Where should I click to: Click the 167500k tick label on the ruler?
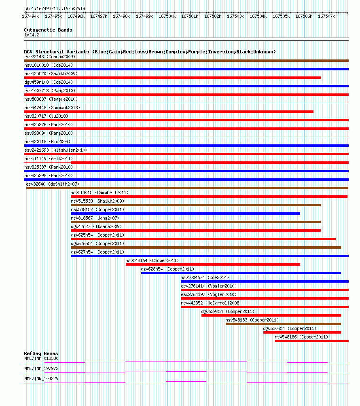pos(167,16)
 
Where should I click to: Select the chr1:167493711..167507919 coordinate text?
pos(55,8)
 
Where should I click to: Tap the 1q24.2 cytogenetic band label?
pos(32,35)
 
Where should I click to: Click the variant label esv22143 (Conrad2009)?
pos(50,57)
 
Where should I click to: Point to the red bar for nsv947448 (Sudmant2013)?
pos(169,112)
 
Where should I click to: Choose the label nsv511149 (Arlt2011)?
pos(49,159)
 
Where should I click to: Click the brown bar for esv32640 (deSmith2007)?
pos(187,188)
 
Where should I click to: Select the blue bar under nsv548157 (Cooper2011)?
pos(185,214)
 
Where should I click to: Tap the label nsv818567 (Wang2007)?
pos(95,218)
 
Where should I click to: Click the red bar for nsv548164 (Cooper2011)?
pos(213,264)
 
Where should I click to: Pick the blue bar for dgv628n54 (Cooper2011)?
pos(241,273)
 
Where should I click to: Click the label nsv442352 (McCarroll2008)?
pos(211,303)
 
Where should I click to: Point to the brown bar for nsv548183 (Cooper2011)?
pos(283,324)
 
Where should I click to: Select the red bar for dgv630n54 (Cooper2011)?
pos(302,332)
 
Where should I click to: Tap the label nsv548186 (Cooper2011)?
pos(301,337)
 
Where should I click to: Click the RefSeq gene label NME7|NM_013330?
pos(41,358)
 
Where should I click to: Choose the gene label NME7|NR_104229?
pos(41,379)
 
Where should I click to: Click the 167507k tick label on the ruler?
pos(326,16)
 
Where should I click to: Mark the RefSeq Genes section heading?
pos(41,353)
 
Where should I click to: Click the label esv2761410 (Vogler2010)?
pos(209,286)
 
